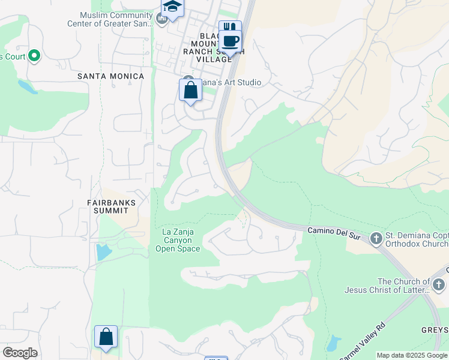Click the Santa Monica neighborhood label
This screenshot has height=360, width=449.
[111, 76]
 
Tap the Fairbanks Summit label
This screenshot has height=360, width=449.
[114, 207]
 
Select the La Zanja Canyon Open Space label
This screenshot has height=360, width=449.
[178, 240]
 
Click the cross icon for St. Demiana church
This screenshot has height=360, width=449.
[376, 239]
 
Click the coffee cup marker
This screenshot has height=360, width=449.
[230, 41]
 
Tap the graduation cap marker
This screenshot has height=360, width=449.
[172, 7]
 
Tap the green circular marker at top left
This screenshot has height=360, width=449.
[34, 57]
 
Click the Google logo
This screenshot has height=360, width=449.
[20, 353]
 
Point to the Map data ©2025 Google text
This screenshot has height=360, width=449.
[412, 355]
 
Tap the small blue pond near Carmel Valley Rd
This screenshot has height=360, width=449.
[334, 343]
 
